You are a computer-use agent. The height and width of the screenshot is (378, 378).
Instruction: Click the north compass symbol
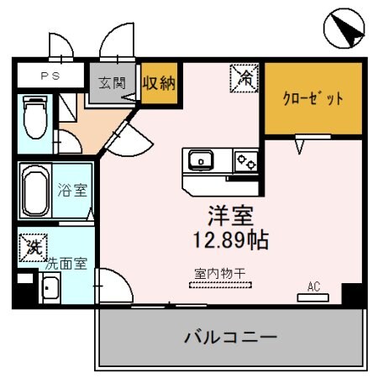tap(345, 29)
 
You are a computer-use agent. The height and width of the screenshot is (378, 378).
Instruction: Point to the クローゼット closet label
tap(312, 99)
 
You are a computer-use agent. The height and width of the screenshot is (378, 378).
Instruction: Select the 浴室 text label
tap(72, 190)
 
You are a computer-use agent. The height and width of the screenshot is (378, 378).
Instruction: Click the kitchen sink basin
tap(202, 160)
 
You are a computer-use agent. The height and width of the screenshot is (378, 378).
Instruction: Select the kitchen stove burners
tap(245, 160)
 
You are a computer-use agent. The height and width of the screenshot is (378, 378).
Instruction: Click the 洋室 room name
tap(225, 213)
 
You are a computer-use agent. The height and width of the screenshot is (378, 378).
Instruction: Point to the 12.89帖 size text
tap(226, 239)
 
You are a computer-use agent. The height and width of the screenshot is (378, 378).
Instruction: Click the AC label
tap(313, 286)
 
